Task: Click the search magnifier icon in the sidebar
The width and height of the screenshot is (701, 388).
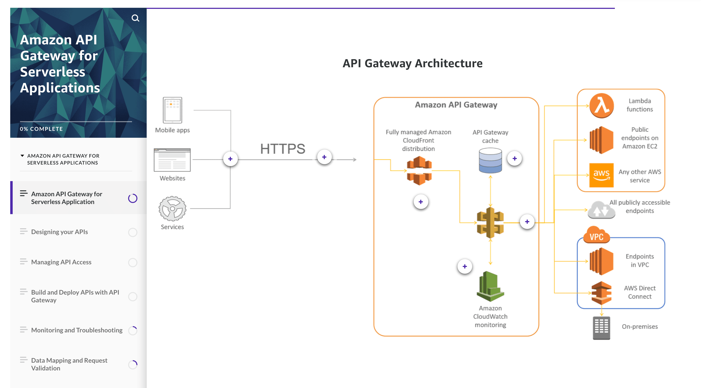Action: (x=135, y=18)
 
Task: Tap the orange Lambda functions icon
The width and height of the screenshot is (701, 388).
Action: (x=601, y=105)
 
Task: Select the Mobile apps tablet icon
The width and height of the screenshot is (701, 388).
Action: (x=172, y=110)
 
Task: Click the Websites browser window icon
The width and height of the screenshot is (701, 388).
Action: (x=172, y=160)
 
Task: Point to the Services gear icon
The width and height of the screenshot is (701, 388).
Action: (x=172, y=209)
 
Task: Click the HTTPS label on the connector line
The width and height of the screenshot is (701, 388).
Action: (x=283, y=149)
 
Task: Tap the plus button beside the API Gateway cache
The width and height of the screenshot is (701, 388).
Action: (x=514, y=158)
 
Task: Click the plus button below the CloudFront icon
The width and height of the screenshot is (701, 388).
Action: (x=421, y=202)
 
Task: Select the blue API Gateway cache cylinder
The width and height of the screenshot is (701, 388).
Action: (x=490, y=160)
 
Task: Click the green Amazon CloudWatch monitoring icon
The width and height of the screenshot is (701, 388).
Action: (x=490, y=287)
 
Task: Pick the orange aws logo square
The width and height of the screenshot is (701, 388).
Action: (x=601, y=175)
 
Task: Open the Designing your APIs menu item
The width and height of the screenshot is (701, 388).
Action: (x=59, y=232)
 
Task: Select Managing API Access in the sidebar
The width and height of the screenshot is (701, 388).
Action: (x=61, y=262)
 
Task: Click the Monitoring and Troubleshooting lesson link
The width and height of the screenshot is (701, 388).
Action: (x=77, y=330)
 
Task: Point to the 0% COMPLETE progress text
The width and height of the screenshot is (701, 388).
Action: (x=41, y=129)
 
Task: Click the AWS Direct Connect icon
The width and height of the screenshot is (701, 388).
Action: (x=601, y=293)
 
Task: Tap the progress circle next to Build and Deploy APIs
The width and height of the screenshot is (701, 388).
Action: (x=133, y=296)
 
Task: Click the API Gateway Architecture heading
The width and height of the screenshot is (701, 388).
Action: (x=412, y=63)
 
